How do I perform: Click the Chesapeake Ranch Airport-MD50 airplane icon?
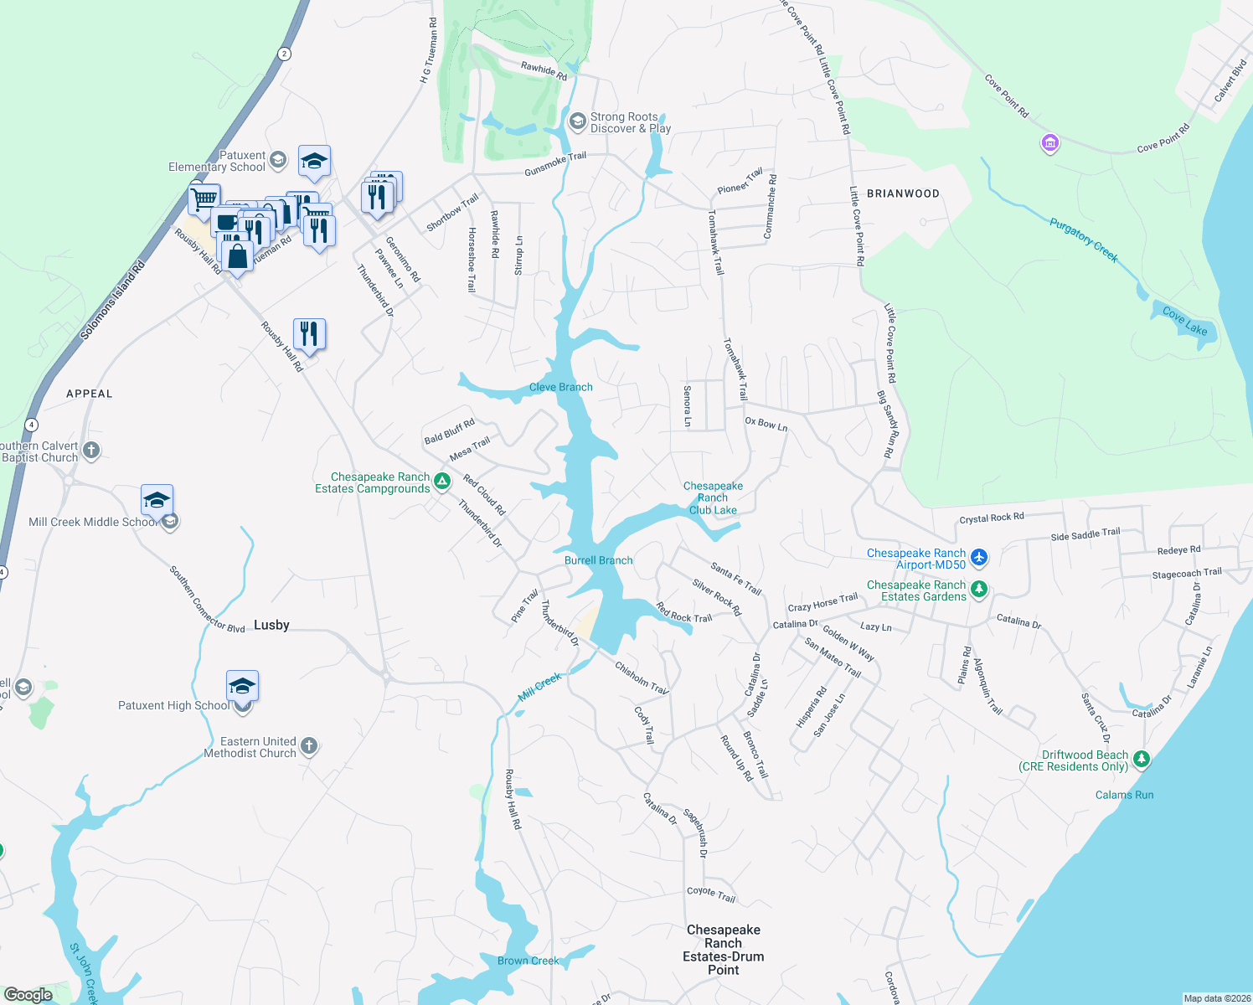[x=979, y=557]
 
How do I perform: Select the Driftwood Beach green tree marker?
[x=1141, y=760]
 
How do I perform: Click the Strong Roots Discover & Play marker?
[x=577, y=122]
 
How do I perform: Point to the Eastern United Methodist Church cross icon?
[x=309, y=746]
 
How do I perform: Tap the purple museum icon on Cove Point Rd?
[x=1049, y=143]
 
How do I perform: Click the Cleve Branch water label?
[x=560, y=387]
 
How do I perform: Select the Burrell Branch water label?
[x=598, y=560]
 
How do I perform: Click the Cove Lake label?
[x=1184, y=322]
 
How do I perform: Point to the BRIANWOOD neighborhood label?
[x=903, y=193]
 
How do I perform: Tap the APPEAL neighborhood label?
[x=90, y=394]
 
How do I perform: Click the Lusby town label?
[x=271, y=625]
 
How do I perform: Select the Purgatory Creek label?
[x=1083, y=240]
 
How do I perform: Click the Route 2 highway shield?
[x=285, y=54]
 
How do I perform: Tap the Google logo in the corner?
[x=28, y=994]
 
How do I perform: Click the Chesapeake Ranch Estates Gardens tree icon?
[x=978, y=590]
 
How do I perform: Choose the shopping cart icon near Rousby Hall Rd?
[x=204, y=201]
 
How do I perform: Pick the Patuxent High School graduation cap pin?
[x=242, y=687]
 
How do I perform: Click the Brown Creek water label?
[x=528, y=961]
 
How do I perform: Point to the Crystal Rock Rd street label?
[x=991, y=518]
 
